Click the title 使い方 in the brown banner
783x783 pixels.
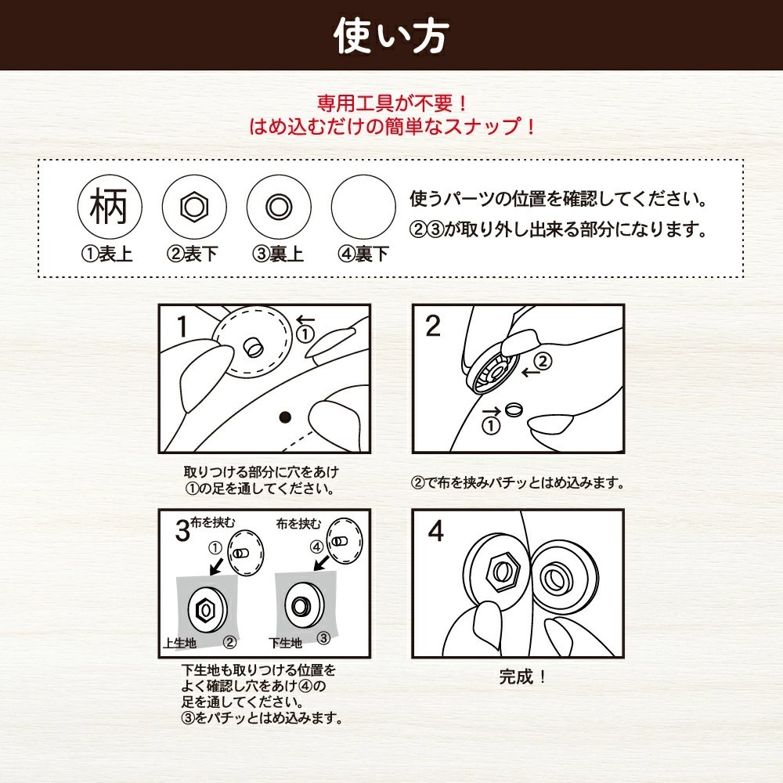click(391, 36)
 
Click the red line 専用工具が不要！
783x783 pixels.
click(391, 103)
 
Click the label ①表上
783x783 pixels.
click(109, 254)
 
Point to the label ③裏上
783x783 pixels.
click(278, 254)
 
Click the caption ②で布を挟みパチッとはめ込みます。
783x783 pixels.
click(518, 483)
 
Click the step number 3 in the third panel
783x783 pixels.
click(182, 532)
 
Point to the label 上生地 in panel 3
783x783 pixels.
click(179, 642)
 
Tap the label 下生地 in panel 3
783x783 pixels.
click(285, 642)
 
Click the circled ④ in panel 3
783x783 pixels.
click(316, 545)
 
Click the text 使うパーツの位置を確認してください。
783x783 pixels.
click(559, 200)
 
